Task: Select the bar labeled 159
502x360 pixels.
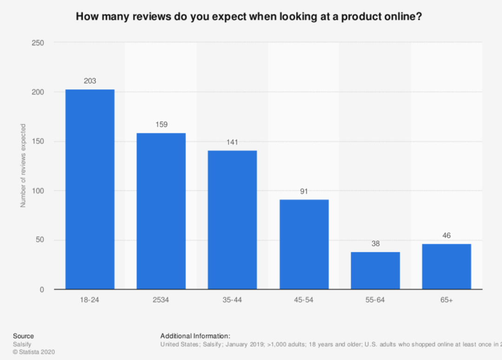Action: (x=161, y=211)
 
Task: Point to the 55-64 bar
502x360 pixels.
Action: (x=375, y=271)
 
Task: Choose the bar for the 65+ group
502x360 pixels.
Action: (x=446, y=267)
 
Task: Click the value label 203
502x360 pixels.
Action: (x=90, y=81)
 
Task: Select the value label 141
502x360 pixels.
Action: (x=232, y=142)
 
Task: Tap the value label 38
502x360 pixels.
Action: (x=375, y=243)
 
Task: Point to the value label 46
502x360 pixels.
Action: (x=446, y=235)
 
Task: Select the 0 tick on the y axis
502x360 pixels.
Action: (x=41, y=290)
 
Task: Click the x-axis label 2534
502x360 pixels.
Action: (x=161, y=300)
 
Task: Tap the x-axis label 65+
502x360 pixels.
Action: (x=446, y=300)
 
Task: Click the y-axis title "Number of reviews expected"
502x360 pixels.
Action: (x=23, y=166)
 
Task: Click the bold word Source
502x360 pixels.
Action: (x=23, y=336)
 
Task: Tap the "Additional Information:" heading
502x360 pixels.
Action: (x=195, y=336)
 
